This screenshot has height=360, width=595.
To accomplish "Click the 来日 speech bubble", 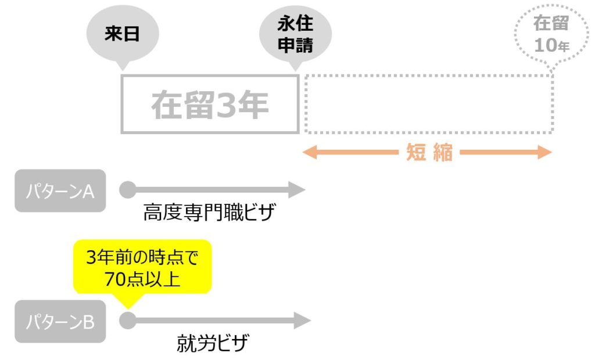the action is pyautogui.click(x=123, y=34).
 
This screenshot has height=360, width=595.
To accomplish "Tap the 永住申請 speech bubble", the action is pyautogui.click(x=295, y=34).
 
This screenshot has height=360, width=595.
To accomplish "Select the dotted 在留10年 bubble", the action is pyautogui.click(x=552, y=34).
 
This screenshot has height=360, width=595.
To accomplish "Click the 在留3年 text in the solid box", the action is pyautogui.click(x=210, y=105).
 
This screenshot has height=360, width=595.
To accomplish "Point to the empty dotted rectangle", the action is pyautogui.click(x=429, y=76).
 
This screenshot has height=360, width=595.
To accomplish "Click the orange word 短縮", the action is pyautogui.click(x=429, y=153).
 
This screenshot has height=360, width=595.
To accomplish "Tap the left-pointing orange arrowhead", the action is pyautogui.click(x=309, y=153).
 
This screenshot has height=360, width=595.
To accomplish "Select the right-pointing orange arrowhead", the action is pyautogui.click(x=544, y=153).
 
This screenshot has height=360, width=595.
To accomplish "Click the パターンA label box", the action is pyautogui.click(x=60, y=191).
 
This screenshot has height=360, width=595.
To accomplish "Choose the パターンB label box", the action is pyautogui.click(x=60, y=321).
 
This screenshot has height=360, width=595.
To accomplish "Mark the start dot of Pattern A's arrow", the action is pyautogui.click(x=128, y=190).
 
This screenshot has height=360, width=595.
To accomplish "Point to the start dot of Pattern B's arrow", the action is pyautogui.click(x=128, y=321).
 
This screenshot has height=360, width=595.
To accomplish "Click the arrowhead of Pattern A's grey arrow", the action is pyautogui.click(x=297, y=190).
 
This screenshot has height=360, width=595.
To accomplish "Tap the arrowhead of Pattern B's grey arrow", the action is pyautogui.click(x=302, y=321).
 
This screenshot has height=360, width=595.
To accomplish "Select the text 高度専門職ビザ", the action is pyautogui.click(x=209, y=212).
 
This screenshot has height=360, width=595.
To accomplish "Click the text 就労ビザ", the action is pyautogui.click(x=213, y=343).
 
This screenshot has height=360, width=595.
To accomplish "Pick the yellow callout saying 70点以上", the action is pyautogui.click(x=142, y=268).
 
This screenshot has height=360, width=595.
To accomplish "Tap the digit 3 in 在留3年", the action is pyautogui.click(x=227, y=105).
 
